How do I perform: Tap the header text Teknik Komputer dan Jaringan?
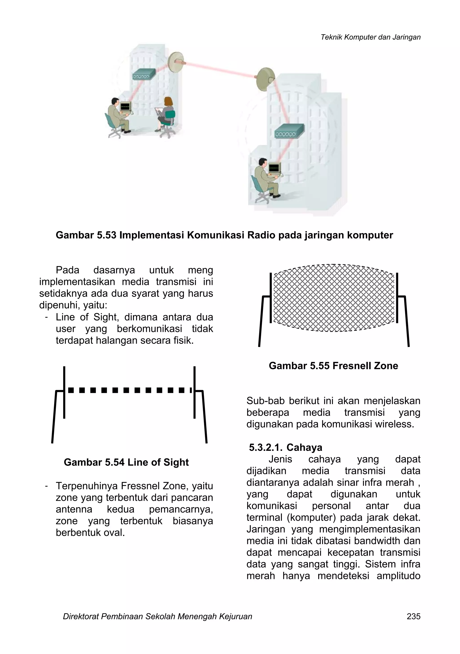tap(370, 37)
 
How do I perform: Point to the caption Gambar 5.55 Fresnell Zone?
tap(333, 365)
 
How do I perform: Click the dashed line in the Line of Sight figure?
tap(130, 390)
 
